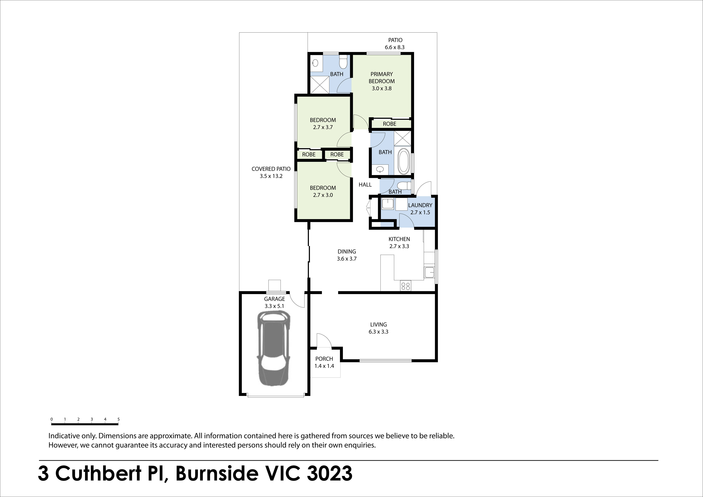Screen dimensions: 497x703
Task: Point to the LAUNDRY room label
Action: point(420,205)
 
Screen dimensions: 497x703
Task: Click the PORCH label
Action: point(324,359)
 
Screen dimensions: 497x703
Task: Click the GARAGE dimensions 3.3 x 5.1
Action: point(274,306)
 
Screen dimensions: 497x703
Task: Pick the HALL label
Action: point(365,185)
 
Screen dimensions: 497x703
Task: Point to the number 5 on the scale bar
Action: point(119,419)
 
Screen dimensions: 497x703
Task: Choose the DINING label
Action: point(347,251)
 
